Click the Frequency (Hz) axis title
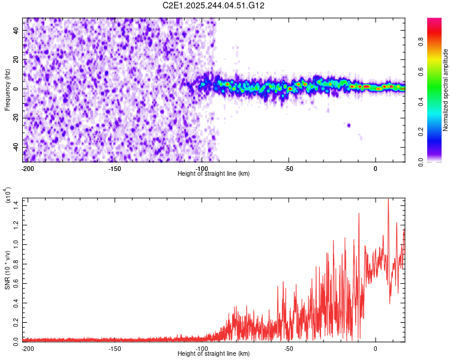(7, 89)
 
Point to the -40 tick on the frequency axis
(16, 148)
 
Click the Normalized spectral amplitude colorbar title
(446, 90)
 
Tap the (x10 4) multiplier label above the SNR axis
(8, 195)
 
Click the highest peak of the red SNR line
(388, 199)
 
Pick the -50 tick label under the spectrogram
(289, 169)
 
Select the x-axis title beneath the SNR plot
(214, 354)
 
